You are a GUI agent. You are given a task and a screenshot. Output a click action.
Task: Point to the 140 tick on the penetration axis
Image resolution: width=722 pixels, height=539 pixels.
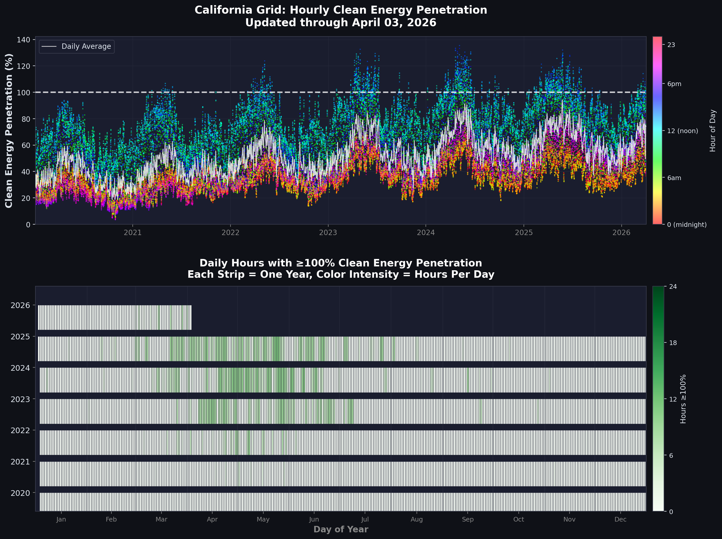23,40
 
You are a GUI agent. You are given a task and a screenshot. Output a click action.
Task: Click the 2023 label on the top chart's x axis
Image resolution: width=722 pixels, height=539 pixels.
328,233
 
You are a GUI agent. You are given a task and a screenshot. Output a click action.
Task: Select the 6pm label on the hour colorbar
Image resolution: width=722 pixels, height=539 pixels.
674,84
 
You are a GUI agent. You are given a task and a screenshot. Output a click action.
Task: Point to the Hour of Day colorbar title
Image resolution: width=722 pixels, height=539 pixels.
713,131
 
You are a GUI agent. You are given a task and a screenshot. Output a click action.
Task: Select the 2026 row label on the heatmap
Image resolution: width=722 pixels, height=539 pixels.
20,305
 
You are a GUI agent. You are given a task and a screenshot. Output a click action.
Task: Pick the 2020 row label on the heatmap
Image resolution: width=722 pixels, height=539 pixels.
20,493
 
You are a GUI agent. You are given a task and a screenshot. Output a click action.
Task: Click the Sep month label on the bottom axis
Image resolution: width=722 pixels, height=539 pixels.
467,519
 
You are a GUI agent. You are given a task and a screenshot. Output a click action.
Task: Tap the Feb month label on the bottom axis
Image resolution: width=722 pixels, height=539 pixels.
111,519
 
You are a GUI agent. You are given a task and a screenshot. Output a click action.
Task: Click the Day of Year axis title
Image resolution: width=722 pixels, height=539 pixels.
341,529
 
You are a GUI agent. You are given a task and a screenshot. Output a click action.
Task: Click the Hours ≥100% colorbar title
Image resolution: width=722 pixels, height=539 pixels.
683,399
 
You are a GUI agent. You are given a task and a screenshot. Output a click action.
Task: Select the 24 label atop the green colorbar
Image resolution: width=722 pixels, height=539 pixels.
673,286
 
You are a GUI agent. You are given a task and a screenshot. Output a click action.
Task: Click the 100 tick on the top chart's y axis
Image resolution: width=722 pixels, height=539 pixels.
23,93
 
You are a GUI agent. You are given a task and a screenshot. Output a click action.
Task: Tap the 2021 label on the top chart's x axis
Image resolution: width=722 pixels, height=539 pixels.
132,233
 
